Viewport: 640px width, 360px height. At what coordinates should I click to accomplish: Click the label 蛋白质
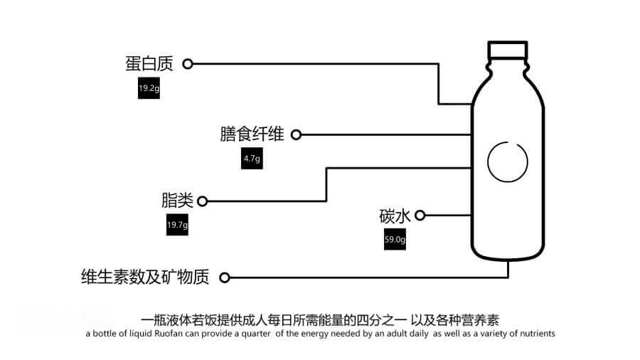(149, 64)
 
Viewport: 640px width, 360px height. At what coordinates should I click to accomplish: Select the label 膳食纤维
(252, 134)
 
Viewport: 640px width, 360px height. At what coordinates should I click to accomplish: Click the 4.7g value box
(252, 159)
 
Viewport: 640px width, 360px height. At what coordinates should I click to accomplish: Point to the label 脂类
(177, 201)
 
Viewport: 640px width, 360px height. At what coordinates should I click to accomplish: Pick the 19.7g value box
(177, 225)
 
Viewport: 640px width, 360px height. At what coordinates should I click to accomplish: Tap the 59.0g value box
(395, 240)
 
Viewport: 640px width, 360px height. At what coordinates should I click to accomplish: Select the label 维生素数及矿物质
(145, 277)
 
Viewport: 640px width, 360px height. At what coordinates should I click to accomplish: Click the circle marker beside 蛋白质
(188, 64)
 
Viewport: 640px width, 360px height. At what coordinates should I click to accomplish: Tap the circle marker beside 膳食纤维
(297, 134)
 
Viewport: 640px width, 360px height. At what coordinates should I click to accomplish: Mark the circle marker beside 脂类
(202, 201)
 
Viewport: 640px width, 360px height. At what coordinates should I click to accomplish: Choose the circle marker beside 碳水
(420, 215)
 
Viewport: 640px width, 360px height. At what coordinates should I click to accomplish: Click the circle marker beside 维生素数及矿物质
(225, 277)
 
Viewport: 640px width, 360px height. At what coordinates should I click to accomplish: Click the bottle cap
(508, 50)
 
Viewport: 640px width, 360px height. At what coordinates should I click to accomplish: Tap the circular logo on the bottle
(508, 161)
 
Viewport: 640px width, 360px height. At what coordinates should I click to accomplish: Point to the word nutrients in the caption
(534, 333)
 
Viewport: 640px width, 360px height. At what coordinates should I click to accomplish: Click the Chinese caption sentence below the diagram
(326, 318)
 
